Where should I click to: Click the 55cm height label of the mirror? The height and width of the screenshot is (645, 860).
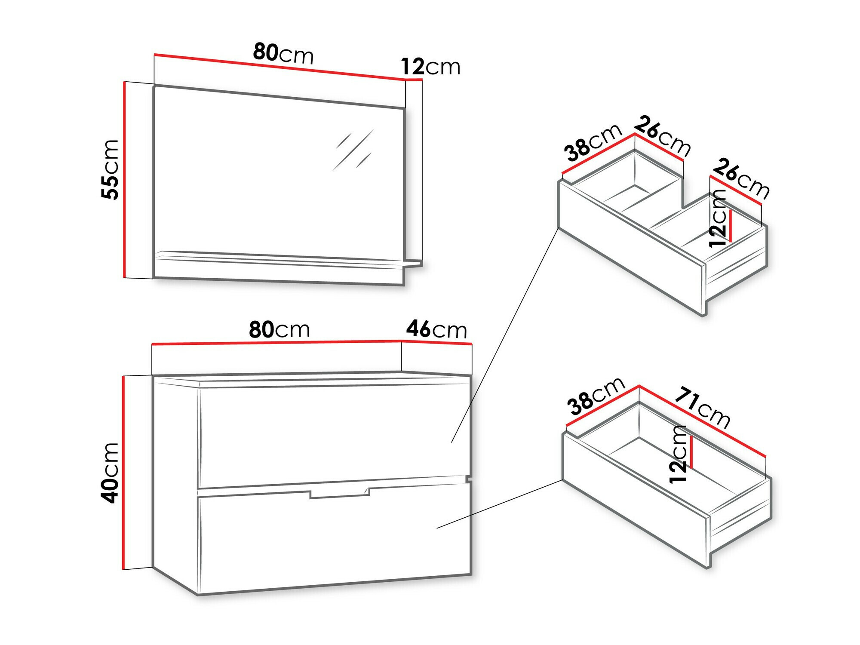pyautogui.click(x=110, y=169)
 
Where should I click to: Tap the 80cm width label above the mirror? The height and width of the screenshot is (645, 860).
pyautogui.click(x=283, y=54)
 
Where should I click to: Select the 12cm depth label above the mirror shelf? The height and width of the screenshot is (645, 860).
pyautogui.click(x=430, y=67)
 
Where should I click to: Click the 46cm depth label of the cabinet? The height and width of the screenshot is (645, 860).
pyautogui.click(x=436, y=329)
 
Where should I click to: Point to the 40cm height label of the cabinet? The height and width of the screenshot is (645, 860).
pyautogui.click(x=110, y=473)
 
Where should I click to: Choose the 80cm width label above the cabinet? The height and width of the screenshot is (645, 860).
pyautogui.click(x=279, y=329)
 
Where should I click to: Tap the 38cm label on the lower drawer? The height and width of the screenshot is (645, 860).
pyautogui.click(x=596, y=396)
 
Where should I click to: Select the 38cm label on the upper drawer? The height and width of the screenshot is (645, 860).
pyautogui.click(x=593, y=142)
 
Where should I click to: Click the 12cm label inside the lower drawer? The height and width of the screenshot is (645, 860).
pyautogui.click(x=678, y=454)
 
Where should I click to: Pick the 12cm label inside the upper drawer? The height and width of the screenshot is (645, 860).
pyautogui.click(x=718, y=218)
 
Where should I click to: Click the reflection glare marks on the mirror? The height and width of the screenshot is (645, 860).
pyautogui.click(x=353, y=150)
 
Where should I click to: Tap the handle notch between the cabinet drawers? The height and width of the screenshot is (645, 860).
pyautogui.click(x=340, y=493)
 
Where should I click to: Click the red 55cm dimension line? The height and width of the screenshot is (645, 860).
pyautogui.click(x=124, y=179)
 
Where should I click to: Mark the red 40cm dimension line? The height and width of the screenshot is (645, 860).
pyautogui.click(x=124, y=473)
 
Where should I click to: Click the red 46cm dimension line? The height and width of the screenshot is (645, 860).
pyautogui.click(x=436, y=342)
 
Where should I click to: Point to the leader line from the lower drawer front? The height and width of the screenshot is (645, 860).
pyautogui.click(x=500, y=504)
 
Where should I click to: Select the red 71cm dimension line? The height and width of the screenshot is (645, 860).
pyautogui.click(x=703, y=421)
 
